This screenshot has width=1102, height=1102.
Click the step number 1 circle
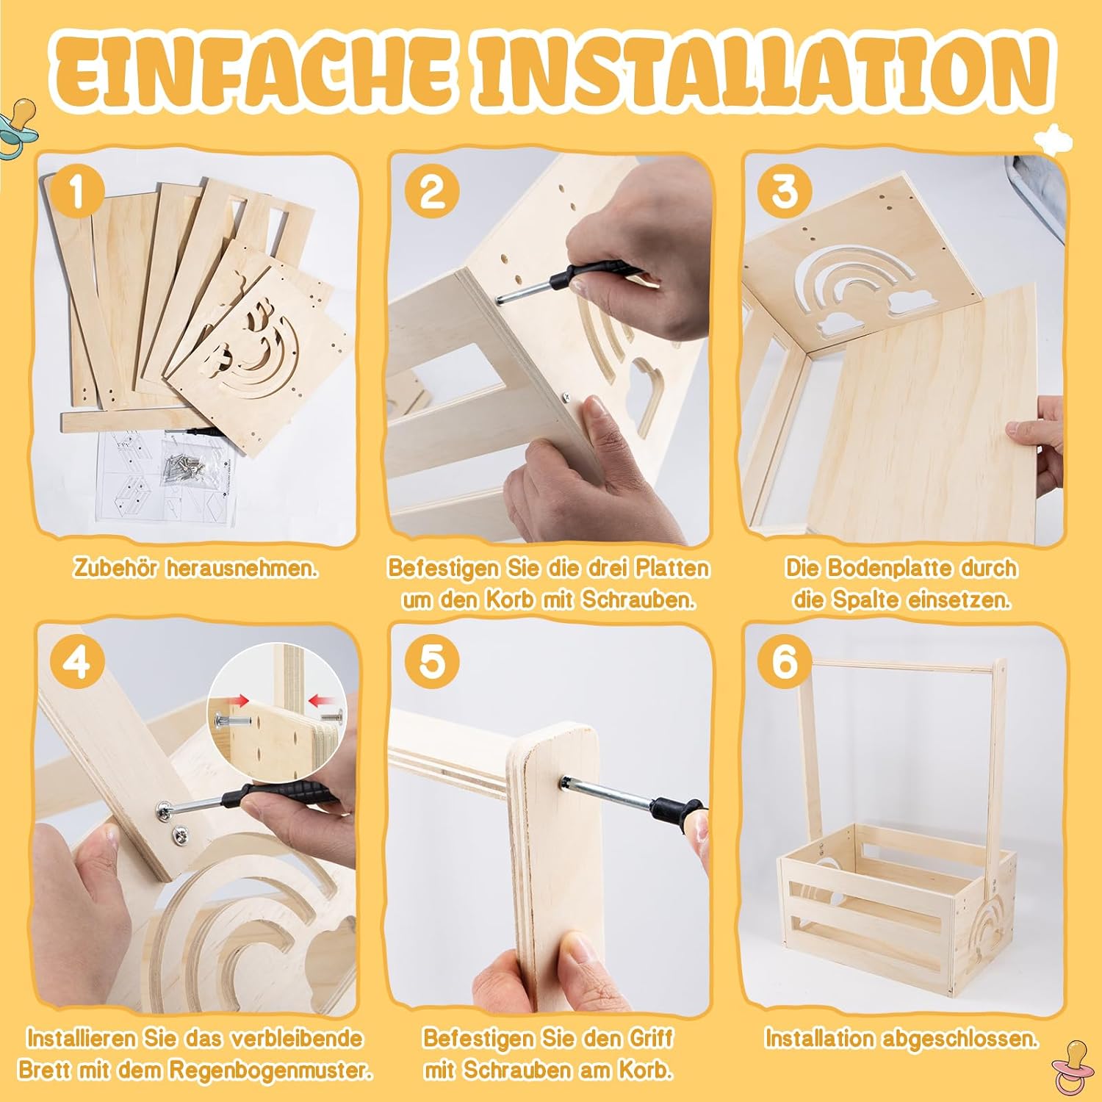point(77,192)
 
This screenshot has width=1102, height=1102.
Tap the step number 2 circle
point(431,192)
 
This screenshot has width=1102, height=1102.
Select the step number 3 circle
point(785,192)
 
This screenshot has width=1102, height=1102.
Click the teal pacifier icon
point(18,126)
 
